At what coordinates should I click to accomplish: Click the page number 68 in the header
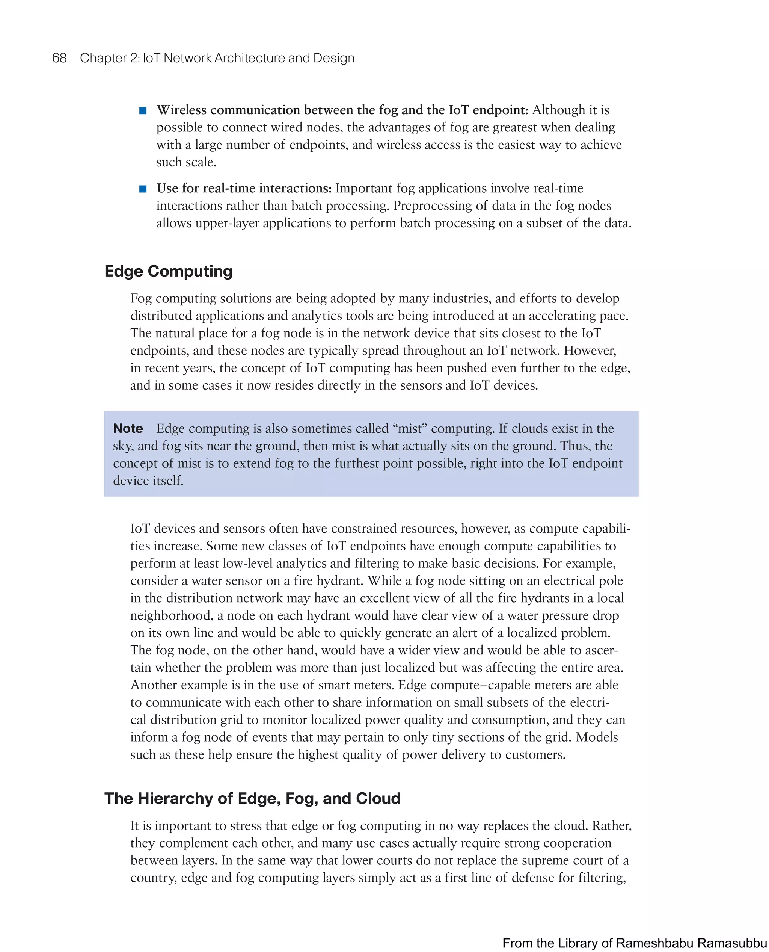pyautogui.click(x=59, y=58)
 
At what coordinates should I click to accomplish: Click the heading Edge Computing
pyautogui.click(x=168, y=271)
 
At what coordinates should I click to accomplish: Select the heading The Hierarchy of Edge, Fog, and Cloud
pyautogui.click(x=252, y=798)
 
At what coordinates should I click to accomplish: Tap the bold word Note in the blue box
pyautogui.click(x=128, y=428)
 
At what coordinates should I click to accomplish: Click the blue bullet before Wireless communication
pyautogui.click(x=143, y=110)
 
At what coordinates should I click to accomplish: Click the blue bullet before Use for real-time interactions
pyautogui.click(x=143, y=189)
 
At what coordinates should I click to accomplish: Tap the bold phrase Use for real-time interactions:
pyautogui.click(x=244, y=188)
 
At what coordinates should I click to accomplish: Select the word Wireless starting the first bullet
pyautogui.click(x=181, y=110)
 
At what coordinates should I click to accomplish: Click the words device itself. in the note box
pyautogui.click(x=148, y=481)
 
